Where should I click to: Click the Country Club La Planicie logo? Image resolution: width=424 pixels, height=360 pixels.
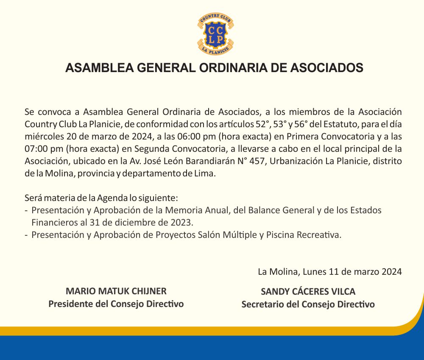click(215, 34)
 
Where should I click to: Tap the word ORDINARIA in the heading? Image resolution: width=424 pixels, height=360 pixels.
click(237, 68)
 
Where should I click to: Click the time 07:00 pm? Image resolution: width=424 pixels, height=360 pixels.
click(44, 149)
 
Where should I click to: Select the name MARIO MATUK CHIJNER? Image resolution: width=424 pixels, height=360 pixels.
click(116, 291)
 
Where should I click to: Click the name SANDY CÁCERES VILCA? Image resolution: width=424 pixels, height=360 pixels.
click(308, 292)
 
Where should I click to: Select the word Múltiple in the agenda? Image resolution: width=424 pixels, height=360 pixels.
click(239, 235)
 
